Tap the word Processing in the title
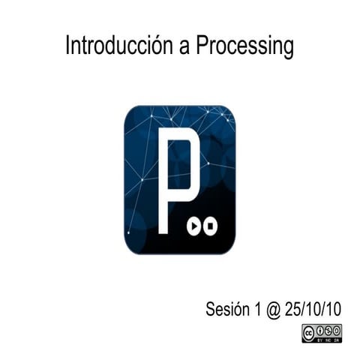pyautogui.click(x=244, y=47)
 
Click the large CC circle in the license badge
pyautogui.click(x=309, y=331)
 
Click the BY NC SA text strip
pyautogui.click(x=328, y=339)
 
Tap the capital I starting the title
pyautogui.click(x=67, y=46)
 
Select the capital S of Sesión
pyautogui.click(x=211, y=308)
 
